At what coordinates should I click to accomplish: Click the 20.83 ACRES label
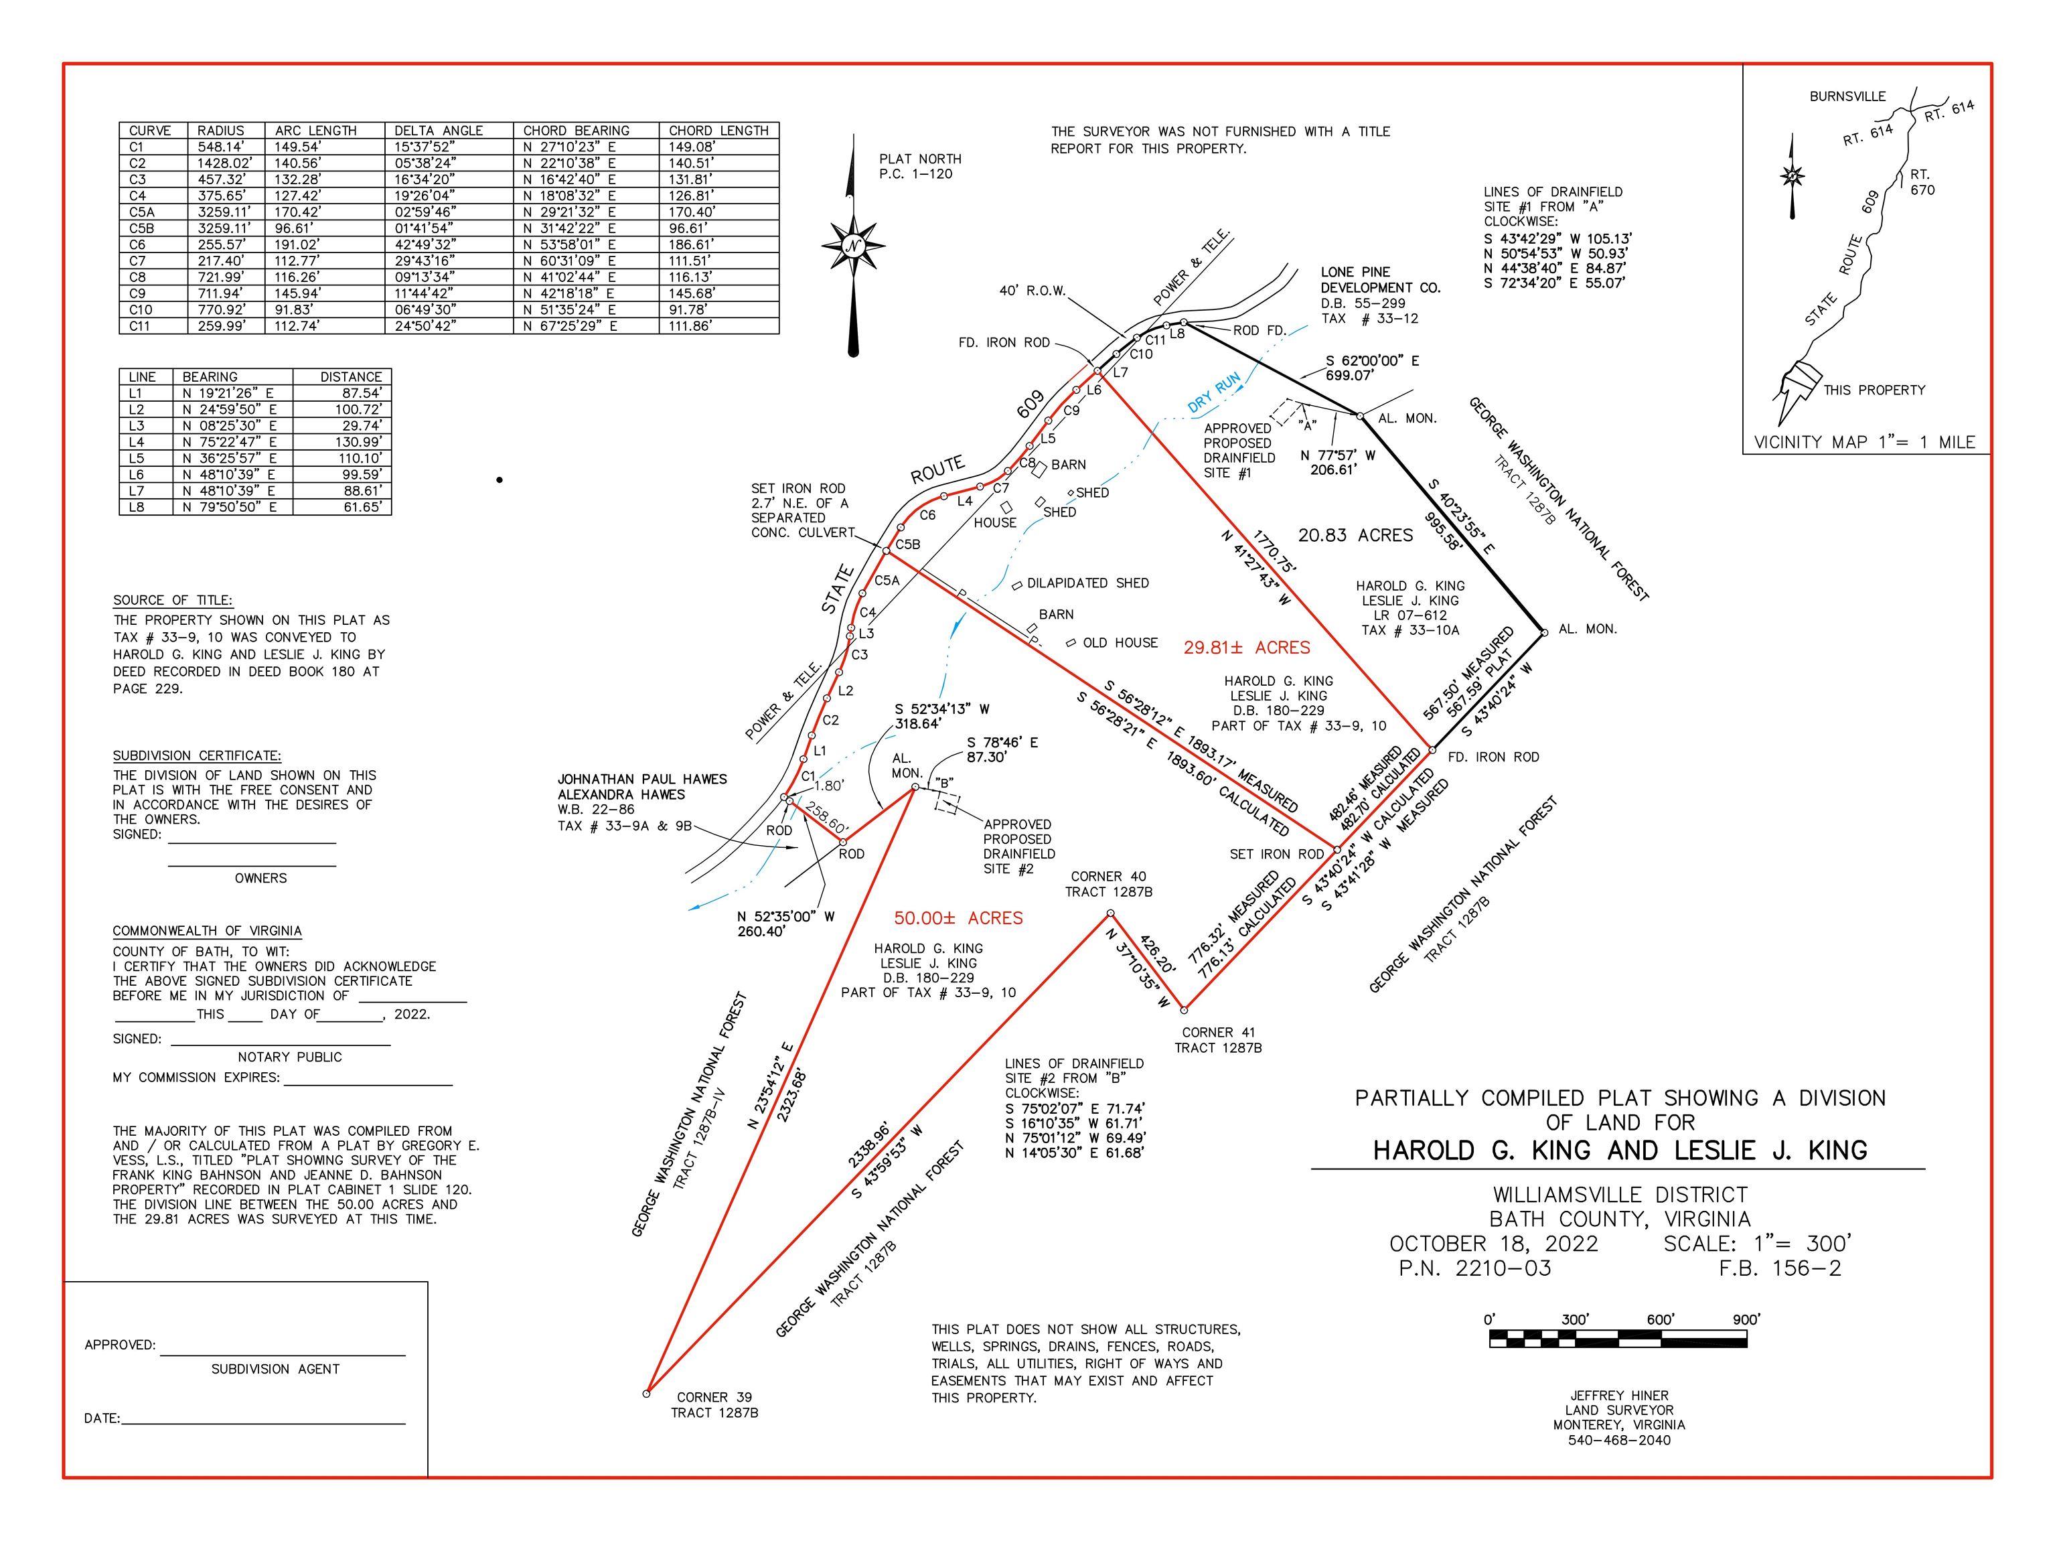tap(1355, 536)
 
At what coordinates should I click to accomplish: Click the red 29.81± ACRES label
tap(1246, 648)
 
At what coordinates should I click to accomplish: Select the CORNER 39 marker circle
tap(646, 1393)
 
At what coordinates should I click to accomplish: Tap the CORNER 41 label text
tap(1218, 1033)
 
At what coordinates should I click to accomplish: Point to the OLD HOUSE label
tap(1120, 643)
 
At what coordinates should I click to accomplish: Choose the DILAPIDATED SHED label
tap(1087, 583)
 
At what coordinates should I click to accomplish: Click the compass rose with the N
tap(853, 246)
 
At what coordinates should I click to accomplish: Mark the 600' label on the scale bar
tap(1660, 1319)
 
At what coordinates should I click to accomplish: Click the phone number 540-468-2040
tap(1619, 1440)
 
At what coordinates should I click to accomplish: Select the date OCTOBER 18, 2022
tap(1493, 1244)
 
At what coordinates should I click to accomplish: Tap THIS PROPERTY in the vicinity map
tap(1874, 390)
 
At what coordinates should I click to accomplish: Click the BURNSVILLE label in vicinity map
tap(1848, 96)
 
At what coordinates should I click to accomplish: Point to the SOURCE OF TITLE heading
tap(173, 601)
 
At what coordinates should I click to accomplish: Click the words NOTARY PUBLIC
tap(290, 1057)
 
